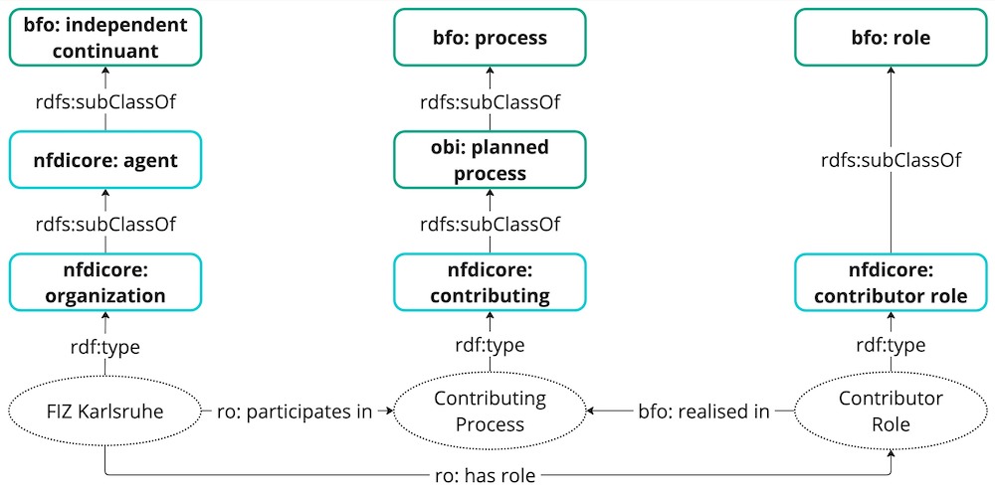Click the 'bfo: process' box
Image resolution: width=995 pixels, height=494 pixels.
click(490, 38)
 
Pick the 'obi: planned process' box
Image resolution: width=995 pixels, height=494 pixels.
click(490, 159)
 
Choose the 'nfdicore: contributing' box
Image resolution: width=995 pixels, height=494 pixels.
click(490, 281)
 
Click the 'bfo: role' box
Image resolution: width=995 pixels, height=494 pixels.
click(891, 38)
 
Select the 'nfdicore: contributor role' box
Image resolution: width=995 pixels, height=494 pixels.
click(891, 281)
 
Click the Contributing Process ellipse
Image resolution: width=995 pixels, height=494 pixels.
click(490, 411)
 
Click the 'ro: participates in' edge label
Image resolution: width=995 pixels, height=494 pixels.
click(295, 411)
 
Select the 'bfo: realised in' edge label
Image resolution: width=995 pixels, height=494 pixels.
click(703, 411)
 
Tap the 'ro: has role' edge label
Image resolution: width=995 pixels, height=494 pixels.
click(488, 475)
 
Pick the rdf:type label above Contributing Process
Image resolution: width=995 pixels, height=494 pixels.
click(490, 345)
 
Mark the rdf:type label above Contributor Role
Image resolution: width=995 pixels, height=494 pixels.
click(891, 345)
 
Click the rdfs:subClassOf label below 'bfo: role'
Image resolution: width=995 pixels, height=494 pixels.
click(891, 160)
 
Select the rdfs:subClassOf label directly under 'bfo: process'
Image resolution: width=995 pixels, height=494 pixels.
click(490, 101)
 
